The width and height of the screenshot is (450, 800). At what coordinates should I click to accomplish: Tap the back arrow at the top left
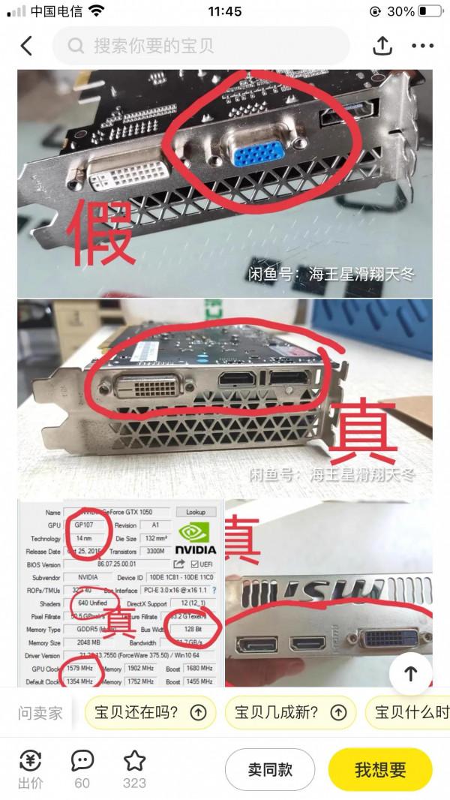click(26, 46)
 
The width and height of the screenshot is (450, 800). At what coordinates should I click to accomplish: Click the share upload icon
click(382, 45)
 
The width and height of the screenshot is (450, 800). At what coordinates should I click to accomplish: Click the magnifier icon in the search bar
click(76, 46)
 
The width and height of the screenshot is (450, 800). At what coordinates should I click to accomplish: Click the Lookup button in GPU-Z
click(195, 511)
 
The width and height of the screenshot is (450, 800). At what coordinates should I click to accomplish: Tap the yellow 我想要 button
click(380, 769)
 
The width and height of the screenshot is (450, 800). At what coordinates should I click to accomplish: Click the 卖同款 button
click(270, 769)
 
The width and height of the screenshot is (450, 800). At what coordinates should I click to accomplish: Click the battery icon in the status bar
click(430, 11)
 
